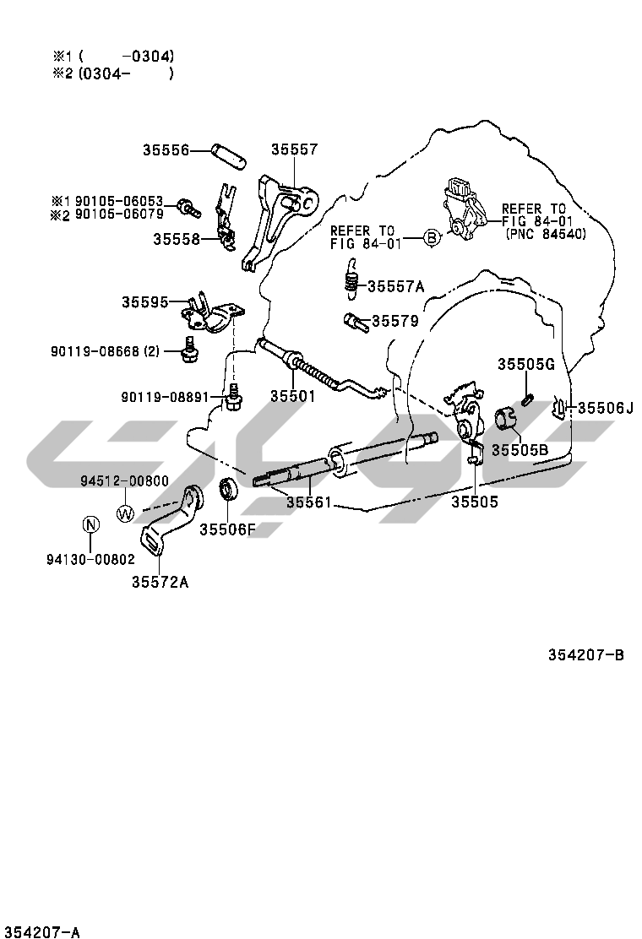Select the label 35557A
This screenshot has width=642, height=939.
(395, 285)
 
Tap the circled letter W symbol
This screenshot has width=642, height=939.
(125, 512)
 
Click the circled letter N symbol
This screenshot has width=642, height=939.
(90, 524)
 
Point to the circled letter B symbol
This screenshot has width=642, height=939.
(431, 237)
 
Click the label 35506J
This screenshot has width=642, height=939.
(605, 409)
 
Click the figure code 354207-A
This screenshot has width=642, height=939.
(41, 932)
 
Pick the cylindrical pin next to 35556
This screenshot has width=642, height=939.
(229, 153)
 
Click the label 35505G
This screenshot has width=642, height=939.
(525, 364)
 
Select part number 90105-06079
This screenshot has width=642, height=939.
(119, 214)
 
